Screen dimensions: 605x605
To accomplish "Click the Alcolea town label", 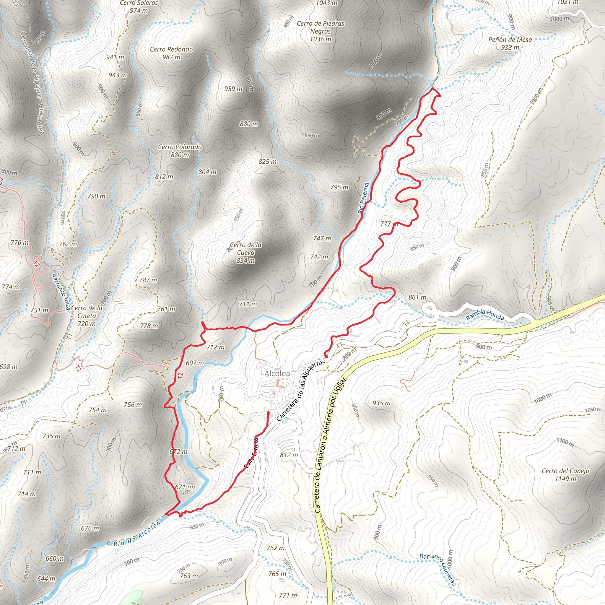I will pyautogui.click(x=277, y=373).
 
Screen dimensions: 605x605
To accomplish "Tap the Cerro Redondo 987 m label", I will pyautogui.click(x=171, y=53).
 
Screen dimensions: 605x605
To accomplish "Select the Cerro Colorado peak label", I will pyautogui.click(x=180, y=151).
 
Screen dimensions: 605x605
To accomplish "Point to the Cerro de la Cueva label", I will pyautogui.click(x=246, y=252).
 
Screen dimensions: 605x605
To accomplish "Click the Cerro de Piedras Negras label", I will pyautogui.click(x=320, y=31).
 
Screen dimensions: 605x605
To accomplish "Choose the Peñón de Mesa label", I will pyautogui.click(x=510, y=43).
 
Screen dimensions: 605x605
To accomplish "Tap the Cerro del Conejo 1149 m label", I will pyautogui.click(x=565, y=475).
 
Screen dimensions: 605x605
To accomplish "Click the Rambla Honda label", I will pyautogui.click(x=485, y=314).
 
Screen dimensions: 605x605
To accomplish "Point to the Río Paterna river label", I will pyautogui.click(x=364, y=198).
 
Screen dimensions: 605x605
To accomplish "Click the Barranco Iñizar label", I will pyautogui.click(x=61, y=292).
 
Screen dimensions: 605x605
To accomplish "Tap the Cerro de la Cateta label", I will pyautogui.click(x=87, y=316).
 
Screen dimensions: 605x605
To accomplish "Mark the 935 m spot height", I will pyautogui.click(x=381, y=403).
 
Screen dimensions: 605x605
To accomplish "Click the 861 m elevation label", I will pyautogui.click(x=417, y=297).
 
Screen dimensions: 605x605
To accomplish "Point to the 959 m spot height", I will pyautogui.click(x=233, y=89).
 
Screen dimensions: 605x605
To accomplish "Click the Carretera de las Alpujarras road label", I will pyautogui.click(x=301, y=390).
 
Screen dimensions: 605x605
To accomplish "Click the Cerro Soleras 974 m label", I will pyautogui.click(x=139, y=6).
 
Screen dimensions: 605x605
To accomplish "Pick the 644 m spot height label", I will pyautogui.click(x=46, y=578).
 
